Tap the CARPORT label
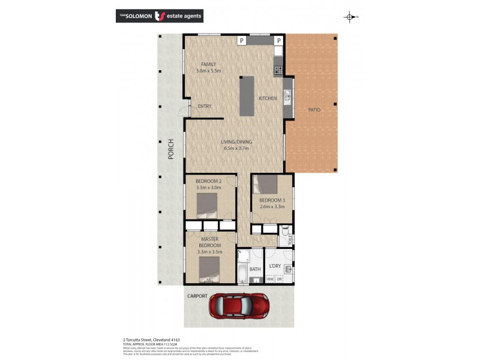pyautogui.click(x=197, y=296)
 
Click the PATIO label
pyautogui.click(x=314, y=110)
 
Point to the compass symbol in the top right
pyautogui.click(x=350, y=17)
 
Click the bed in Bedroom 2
pyautogui.click(x=206, y=205)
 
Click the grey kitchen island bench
pyautogui.click(x=247, y=95)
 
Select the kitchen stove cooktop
pyautogui.click(x=278, y=70)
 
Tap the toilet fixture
pyautogui.click(x=286, y=232)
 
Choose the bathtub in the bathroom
pyautogui.click(x=242, y=274)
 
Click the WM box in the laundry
pyautogui.click(x=270, y=280)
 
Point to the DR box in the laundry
pyautogui.click(x=280, y=280)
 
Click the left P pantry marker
pyautogui.click(x=241, y=40)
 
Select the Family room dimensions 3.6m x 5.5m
pyautogui.click(x=208, y=71)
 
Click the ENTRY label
pyautogui.click(x=205, y=106)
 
